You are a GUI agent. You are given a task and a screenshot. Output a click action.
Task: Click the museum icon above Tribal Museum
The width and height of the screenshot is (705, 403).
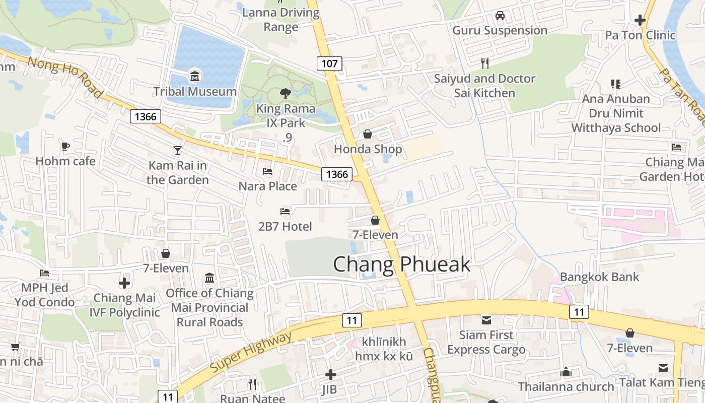click(x=195, y=77)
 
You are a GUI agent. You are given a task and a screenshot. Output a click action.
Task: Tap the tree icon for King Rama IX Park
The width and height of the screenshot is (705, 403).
click(x=286, y=93)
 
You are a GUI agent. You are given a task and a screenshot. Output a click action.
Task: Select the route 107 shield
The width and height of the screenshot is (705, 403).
click(x=330, y=63)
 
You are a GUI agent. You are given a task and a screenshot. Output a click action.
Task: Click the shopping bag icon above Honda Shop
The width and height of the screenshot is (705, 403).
click(x=368, y=134)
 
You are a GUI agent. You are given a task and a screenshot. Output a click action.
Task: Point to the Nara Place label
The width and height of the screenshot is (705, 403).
click(x=267, y=186)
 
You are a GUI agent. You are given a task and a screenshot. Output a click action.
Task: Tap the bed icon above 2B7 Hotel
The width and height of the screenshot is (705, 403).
click(x=285, y=212)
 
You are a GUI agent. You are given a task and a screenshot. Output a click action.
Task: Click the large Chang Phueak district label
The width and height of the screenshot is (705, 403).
click(x=401, y=264)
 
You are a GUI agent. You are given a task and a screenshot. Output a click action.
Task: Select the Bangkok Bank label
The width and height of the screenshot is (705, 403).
click(x=599, y=277)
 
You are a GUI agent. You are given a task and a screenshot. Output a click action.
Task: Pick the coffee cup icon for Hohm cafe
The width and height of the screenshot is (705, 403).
click(x=65, y=146)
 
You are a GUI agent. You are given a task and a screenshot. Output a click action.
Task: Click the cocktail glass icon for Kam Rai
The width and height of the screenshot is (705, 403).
click(x=178, y=150)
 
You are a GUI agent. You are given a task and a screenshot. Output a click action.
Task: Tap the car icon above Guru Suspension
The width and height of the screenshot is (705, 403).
click(x=500, y=16)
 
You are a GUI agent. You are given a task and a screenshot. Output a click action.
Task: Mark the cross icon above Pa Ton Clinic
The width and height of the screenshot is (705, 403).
click(x=640, y=20)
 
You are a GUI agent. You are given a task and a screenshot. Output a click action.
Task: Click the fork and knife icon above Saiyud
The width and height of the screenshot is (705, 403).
click(x=485, y=63)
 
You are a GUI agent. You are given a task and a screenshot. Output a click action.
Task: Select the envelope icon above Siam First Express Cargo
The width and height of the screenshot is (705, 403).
click(x=486, y=320)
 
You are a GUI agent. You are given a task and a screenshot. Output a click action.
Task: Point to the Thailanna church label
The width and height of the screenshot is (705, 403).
click(x=566, y=386)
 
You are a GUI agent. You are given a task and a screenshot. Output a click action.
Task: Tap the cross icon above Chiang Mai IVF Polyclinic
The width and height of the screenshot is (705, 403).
click(x=124, y=283)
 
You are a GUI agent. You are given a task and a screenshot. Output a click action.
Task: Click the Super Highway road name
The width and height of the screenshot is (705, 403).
click(x=250, y=352)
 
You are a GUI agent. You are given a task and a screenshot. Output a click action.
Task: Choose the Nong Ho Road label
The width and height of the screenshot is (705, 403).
click(x=65, y=77)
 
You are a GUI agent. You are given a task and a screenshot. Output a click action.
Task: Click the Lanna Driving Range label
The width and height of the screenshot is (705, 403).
click(x=280, y=19)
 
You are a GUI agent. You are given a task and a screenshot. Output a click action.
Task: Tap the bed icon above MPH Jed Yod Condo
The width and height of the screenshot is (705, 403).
click(x=44, y=273)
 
